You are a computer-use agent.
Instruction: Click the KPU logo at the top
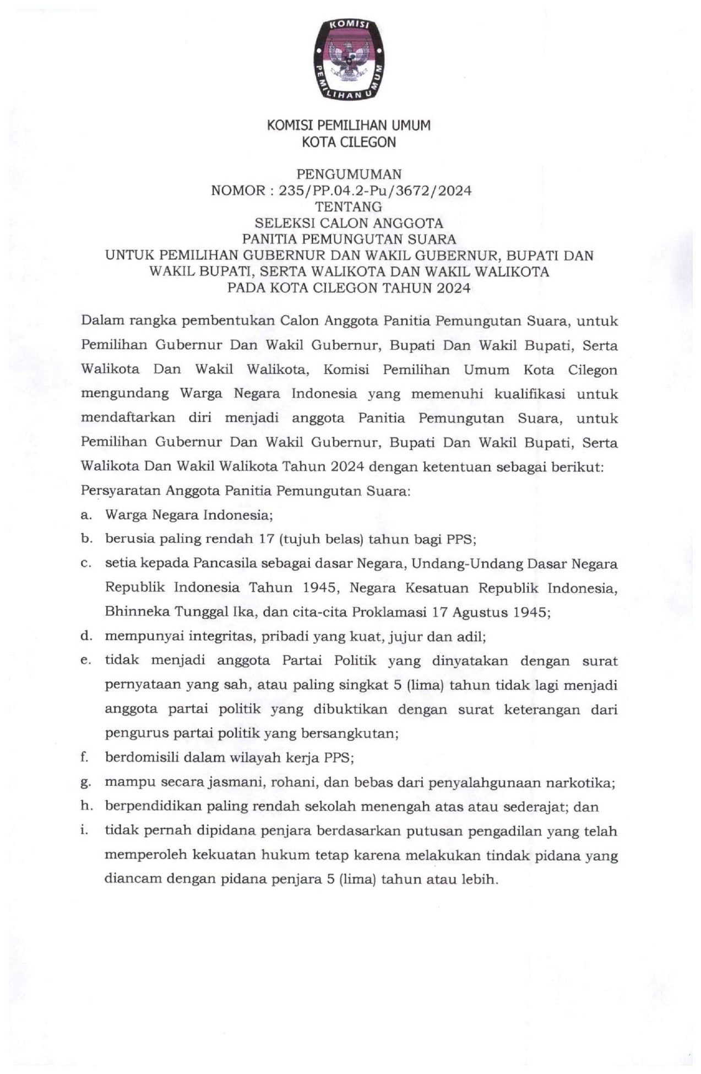coord(349,59)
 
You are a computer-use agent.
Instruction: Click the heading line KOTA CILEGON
coord(349,142)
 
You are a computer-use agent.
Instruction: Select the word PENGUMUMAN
coord(349,175)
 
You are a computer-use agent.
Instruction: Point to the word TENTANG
coord(348,207)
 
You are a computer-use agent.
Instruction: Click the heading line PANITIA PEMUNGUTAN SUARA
coord(349,239)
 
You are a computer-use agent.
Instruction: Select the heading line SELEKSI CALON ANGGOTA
coord(349,223)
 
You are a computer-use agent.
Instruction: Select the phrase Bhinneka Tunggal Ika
coord(166,612)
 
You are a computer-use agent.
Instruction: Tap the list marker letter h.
coord(85,806)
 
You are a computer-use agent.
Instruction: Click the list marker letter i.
coord(84,831)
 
